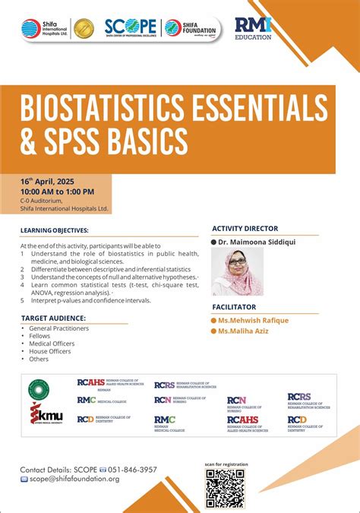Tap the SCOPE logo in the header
point(131,27)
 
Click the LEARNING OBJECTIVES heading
point(55,230)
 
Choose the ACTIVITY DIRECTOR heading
point(245,228)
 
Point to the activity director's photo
point(237,271)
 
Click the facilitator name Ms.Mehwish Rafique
point(253,321)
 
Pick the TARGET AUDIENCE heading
point(53,318)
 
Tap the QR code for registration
point(225,488)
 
